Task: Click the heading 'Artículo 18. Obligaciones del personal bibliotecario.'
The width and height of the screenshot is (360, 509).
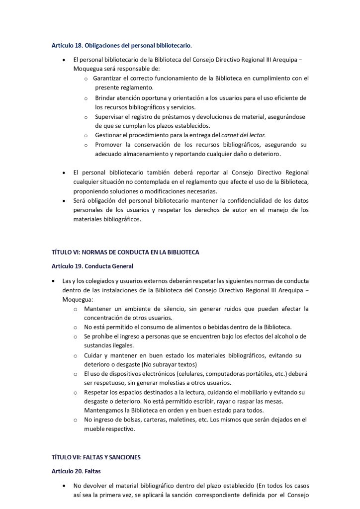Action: pyautogui.click(x=122, y=46)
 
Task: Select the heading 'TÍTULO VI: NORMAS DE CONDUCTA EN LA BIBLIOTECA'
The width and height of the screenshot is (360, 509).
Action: pyautogui.click(x=125, y=252)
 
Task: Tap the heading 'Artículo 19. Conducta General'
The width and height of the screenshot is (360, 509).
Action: pyautogui.click(x=92, y=266)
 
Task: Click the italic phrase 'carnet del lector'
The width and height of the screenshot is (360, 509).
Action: pyautogui.click(x=243, y=135)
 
